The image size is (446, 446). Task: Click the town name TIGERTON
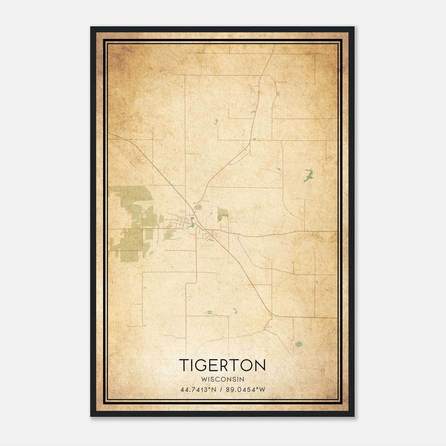click(x=222, y=365)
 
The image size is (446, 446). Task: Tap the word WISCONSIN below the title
click(x=222, y=379)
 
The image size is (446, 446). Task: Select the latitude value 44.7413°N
click(x=198, y=390)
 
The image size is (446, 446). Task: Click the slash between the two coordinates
click(x=221, y=390)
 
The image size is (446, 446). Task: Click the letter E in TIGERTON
click(x=214, y=365)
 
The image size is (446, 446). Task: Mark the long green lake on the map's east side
click(x=309, y=175)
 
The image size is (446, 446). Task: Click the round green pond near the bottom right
click(x=299, y=344)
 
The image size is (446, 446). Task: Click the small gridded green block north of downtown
click(x=198, y=207)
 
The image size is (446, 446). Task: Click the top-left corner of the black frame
click(x=91, y=27)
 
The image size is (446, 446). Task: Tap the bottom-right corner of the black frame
click(x=354, y=416)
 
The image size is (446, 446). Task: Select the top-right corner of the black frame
click(x=354, y=27)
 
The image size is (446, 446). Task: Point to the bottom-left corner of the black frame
click(x=91, y=416)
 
